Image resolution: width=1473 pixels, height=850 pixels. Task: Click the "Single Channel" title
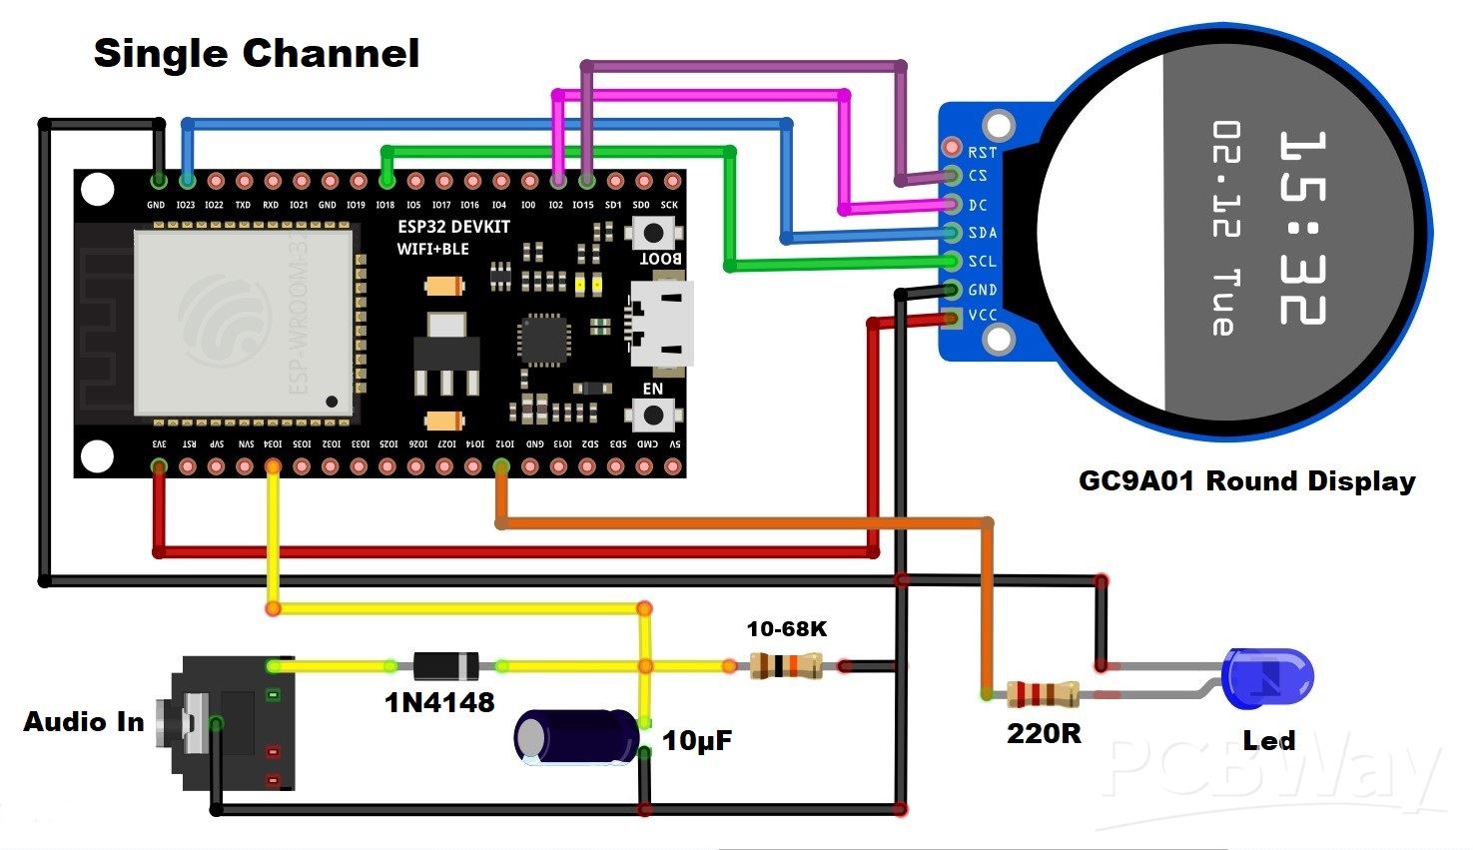point(257,53)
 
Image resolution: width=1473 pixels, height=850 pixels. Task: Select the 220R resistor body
point(1042,693)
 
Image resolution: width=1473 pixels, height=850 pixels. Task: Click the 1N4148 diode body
point(445,666)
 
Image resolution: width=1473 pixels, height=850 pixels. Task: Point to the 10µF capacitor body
point(575,737)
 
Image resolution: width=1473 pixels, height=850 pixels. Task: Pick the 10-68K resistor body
point(786,665)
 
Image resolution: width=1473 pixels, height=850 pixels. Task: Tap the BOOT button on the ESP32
point(653,234)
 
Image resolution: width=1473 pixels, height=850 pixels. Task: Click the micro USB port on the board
point(660,325)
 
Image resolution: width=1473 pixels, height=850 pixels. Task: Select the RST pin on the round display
point(953,148)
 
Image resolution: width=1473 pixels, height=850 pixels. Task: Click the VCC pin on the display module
point(952,318)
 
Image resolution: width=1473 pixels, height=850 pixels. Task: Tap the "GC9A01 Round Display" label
point(1246,481)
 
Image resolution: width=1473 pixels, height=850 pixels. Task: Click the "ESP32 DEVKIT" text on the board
point(453,227)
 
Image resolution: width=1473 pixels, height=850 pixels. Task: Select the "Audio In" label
point(84,722)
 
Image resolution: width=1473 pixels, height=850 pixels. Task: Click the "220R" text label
point(1044,734)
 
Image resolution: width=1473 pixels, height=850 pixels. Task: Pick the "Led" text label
point(1268,741)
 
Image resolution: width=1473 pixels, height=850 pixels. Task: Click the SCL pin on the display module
point(952,261)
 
